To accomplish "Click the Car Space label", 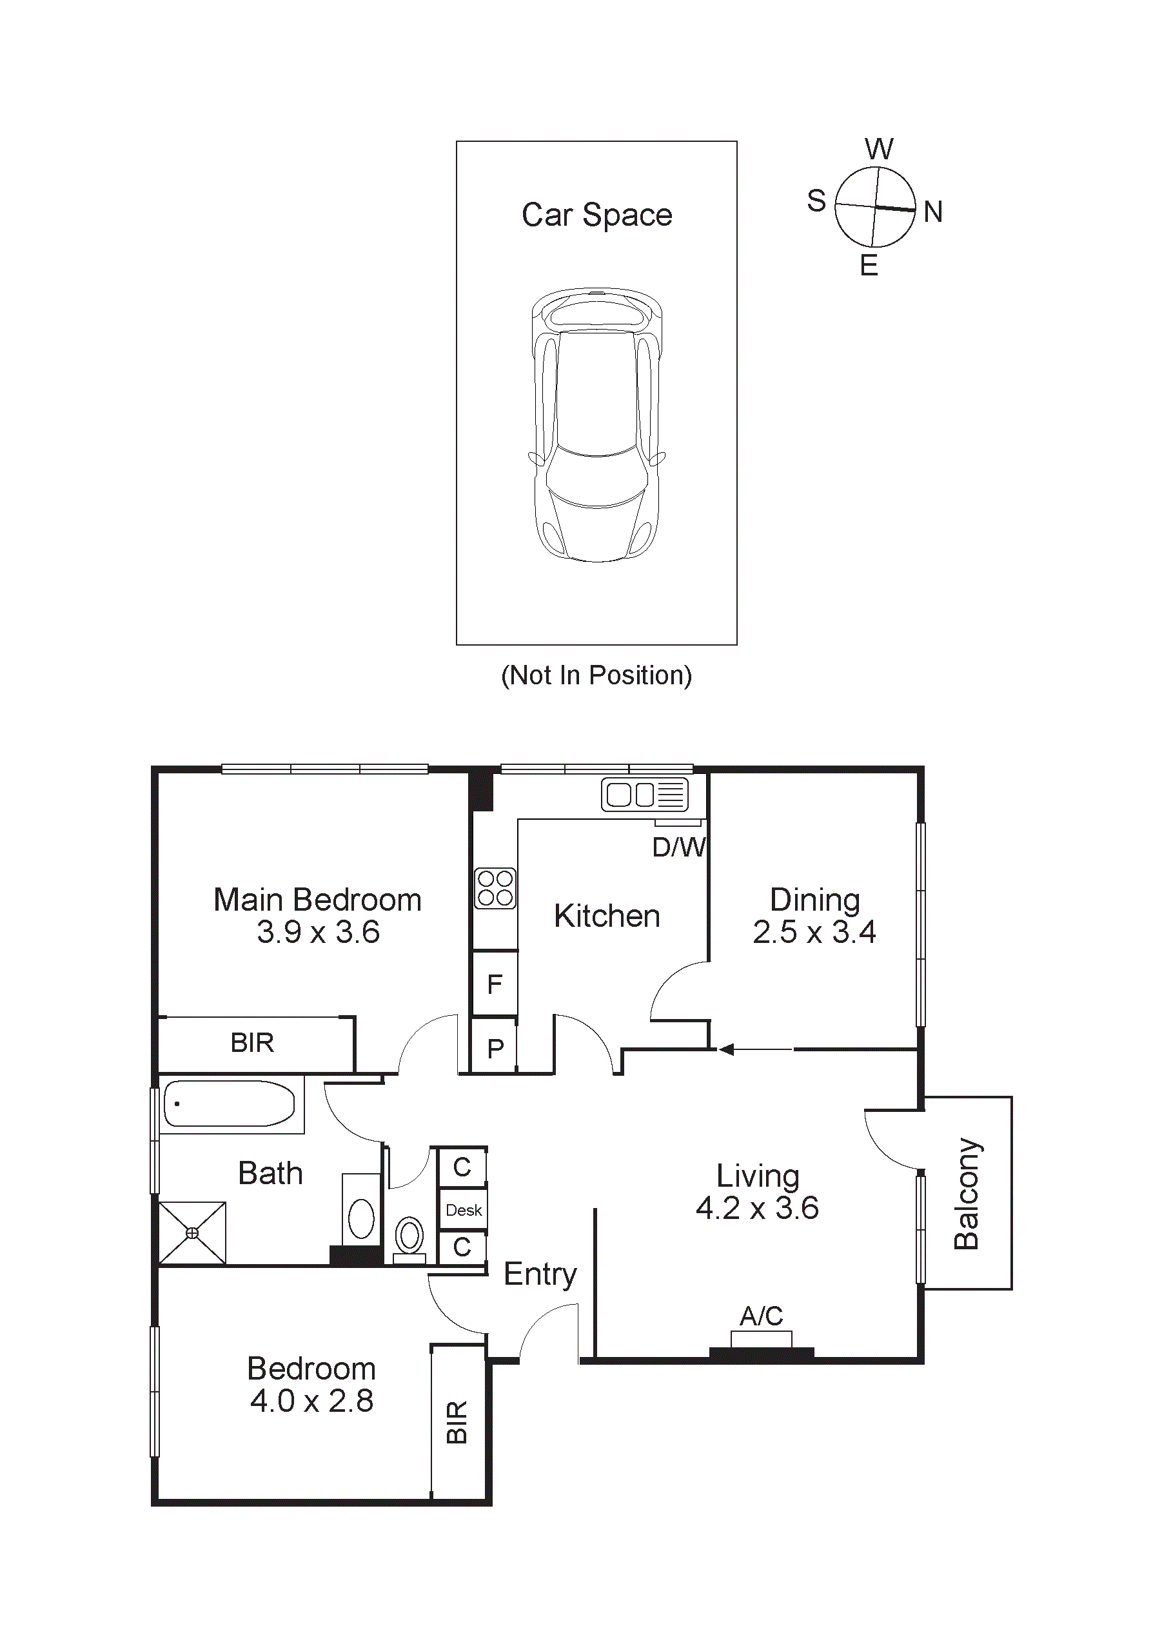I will pos(596,215).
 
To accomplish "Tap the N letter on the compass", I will pos(932,212).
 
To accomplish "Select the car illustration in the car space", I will pos(596,424).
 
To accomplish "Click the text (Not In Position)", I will pos(596,675).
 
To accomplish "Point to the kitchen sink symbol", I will pos(644,794).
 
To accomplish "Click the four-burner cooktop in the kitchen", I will pos(495,888).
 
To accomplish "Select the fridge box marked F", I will pos(495,984).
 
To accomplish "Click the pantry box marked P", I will pos(495,1048).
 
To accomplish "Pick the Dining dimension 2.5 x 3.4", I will pos(814,932).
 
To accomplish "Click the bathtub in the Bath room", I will pos(229,1104).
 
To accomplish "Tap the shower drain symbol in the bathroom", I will pos(192,1233).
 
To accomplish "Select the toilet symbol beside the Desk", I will pos(409,1236).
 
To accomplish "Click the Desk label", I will pos(463,1210).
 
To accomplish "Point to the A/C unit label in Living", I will pos(761,1316).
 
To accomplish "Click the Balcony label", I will pos(967,1194).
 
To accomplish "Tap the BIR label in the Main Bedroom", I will pos(252,1042).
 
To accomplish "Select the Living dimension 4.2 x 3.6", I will pos(757,1208).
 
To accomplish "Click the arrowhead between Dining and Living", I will pos(726,1050).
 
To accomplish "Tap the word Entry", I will pos(540,1274).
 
